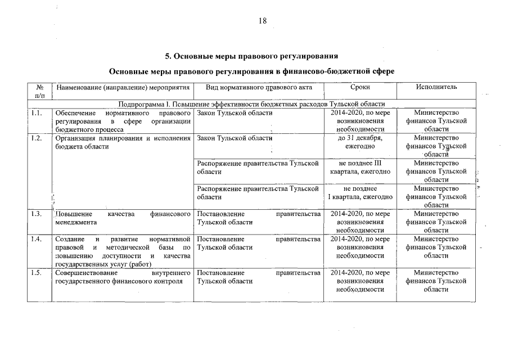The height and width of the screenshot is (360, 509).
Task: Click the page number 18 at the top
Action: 262,21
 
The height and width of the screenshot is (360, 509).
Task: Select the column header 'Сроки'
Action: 360,87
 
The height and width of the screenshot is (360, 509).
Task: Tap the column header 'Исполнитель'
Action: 436,87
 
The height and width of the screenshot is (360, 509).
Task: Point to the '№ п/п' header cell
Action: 39,91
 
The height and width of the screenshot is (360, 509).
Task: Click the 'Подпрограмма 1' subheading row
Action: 251,103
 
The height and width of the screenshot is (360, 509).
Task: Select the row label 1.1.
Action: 37,112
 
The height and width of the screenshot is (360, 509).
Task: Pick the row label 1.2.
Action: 37,138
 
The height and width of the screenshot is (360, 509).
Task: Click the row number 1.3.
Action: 37,214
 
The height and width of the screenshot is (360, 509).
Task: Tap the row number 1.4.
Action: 37,240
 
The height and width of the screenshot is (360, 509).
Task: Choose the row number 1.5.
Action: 37,273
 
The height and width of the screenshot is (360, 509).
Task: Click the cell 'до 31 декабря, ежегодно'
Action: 360,142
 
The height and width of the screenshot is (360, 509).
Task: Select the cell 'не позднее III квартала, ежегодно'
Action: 360,167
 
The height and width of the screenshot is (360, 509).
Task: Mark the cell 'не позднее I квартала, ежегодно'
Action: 360,192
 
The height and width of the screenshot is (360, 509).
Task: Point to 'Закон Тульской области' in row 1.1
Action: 235,112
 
